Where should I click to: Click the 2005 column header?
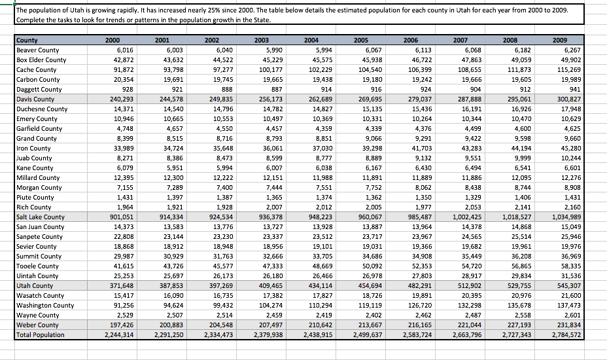[x=360, y=41]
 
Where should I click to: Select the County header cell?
[x=27, y=41]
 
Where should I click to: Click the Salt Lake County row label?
[x=41, y=217]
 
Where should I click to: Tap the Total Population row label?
[x=41, y=335]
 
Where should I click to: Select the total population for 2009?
[x=565, y=335]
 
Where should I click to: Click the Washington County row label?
[x=45, y=306]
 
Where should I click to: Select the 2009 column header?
[x=559, y=41]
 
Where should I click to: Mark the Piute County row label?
[x=35, y=198]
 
